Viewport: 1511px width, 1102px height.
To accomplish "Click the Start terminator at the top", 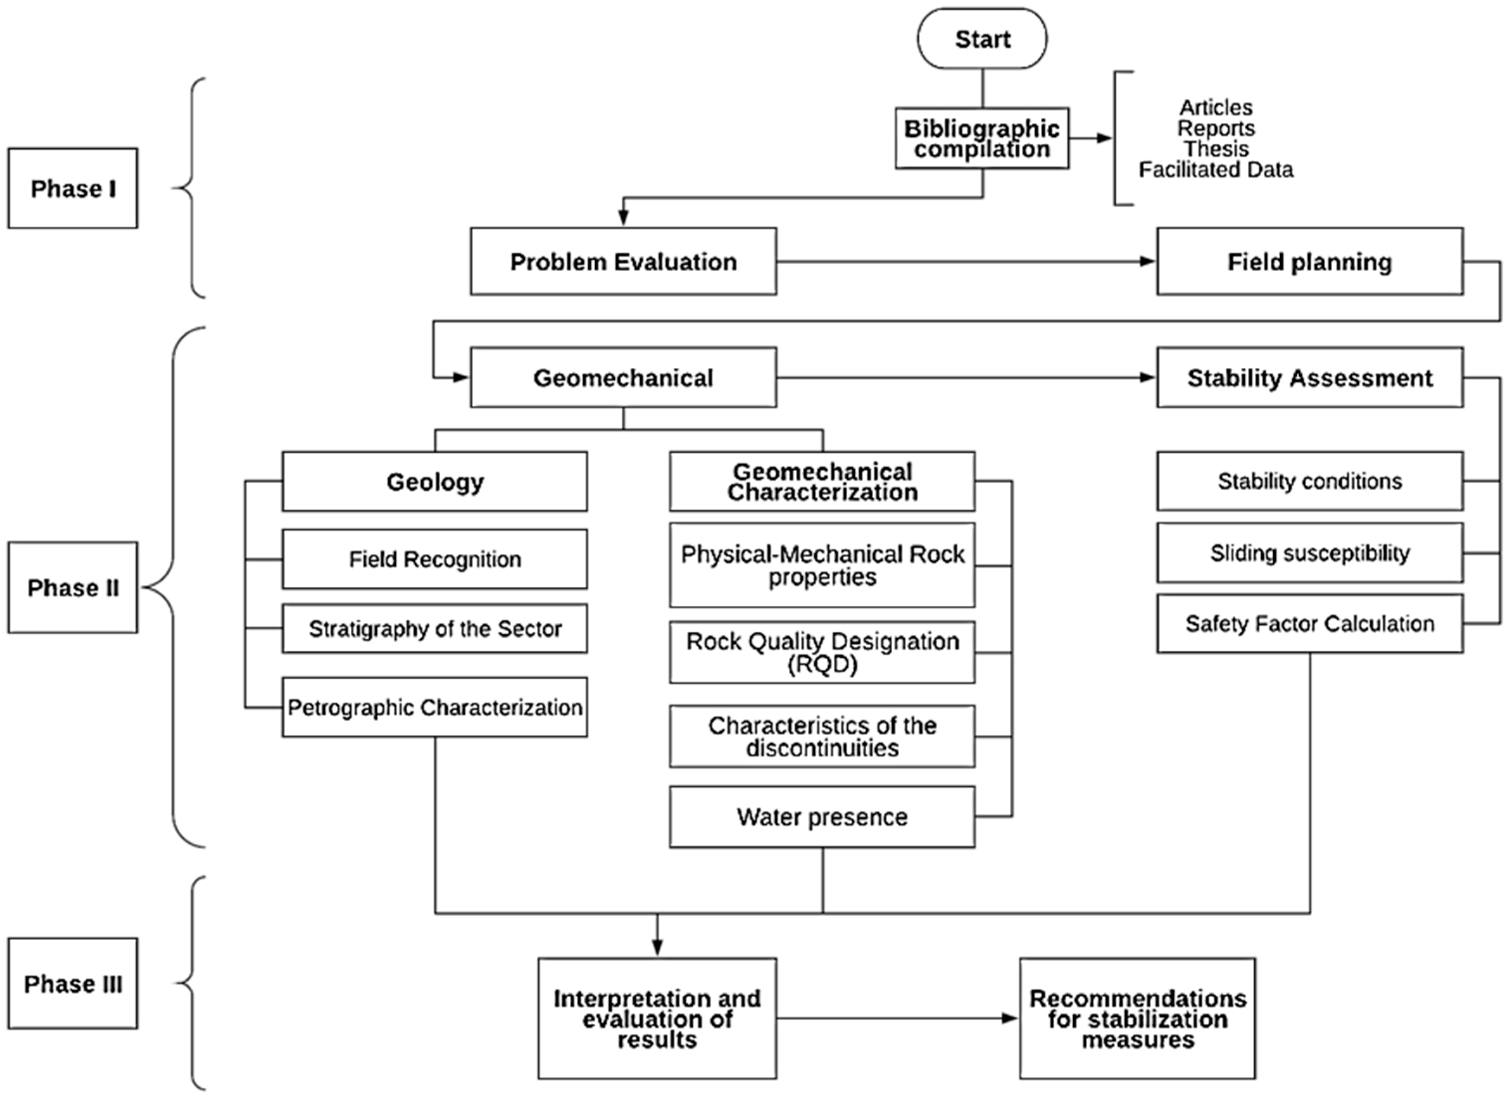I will tap(982, 39).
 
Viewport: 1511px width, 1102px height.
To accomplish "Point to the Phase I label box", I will tap(73, 188).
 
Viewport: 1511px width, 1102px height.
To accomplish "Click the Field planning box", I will tap(1309, 261).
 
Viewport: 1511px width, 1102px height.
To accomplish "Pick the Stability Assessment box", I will tap(1309, 378).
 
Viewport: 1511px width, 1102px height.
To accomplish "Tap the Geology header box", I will tap(435, 482).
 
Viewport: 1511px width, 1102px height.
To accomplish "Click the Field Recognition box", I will tap(435, 559).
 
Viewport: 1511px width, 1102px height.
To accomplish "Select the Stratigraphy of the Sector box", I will tap(435, 628).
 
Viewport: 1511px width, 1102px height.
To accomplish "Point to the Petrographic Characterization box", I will tap(435, 707).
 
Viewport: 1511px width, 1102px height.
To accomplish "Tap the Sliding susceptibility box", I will tap(1309, 553).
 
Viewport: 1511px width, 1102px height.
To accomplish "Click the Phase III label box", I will tap(73, 984).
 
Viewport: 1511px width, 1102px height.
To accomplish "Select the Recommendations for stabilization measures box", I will tap(1137, 1018).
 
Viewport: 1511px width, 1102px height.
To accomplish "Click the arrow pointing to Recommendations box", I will tap(898, 1018).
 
